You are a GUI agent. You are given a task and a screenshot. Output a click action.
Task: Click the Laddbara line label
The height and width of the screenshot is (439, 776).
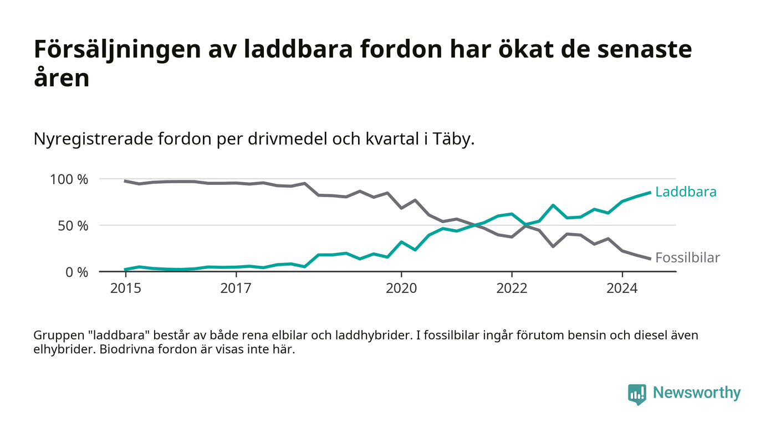click(686, 192)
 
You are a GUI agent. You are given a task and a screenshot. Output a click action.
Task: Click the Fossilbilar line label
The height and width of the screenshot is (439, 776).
click(687, 257)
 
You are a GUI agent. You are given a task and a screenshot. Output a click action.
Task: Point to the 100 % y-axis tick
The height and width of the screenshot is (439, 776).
click(69, 179)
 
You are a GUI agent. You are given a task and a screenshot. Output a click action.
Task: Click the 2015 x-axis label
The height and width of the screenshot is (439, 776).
click(125, 288)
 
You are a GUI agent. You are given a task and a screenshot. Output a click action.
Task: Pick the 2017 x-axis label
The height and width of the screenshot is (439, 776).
click(236, 288)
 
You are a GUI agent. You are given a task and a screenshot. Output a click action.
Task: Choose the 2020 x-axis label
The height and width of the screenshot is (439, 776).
click(401, 288)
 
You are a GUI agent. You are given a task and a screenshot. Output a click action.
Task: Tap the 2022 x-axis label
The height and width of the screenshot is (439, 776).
click(512, 288)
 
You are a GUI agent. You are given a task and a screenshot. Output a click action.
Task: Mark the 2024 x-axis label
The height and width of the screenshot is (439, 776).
click(622, 288)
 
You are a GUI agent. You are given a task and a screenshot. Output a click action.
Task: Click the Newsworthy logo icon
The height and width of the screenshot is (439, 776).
click(637, 394)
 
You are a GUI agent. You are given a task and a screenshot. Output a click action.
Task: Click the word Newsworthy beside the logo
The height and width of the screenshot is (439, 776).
click(696, 392)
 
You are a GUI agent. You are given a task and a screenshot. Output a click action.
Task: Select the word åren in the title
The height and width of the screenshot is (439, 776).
click(62, 78)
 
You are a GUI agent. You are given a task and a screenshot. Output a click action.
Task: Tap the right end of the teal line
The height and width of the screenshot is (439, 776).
click(650, 192)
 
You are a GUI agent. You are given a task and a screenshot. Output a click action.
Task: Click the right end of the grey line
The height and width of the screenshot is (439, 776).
click(650, 259)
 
